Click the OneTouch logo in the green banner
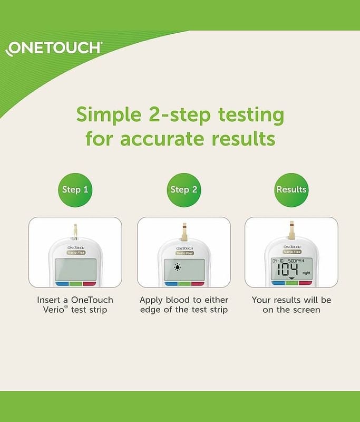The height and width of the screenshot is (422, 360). coord(53,49)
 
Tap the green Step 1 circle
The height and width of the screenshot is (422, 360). coord(75,190)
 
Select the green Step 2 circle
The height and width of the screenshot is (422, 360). coord(184,190)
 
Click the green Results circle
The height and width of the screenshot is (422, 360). coord(291,190)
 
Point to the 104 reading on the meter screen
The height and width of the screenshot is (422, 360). coord(287,270)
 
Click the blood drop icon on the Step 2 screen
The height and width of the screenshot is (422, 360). coord(178,267)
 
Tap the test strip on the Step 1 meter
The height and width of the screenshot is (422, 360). coord(75,232)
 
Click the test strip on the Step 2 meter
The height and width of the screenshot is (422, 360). coord(184,232)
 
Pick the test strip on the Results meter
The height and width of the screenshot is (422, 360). coord(292,230)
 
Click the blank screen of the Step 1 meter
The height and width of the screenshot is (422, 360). coord(75,270)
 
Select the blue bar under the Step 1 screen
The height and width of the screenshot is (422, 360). coord(62,284)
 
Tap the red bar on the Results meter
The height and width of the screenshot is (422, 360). coord(305,283)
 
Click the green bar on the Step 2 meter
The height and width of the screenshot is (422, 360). coord(184,284)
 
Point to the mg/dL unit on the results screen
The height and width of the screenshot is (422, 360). coord(306,273)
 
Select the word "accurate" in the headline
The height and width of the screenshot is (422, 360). coord(162,139)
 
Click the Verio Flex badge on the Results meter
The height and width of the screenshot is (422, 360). coord(292,252)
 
